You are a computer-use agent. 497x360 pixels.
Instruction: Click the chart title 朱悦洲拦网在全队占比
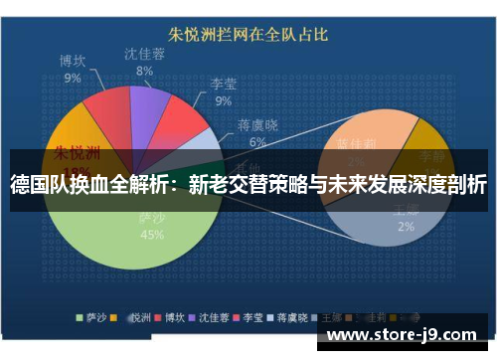tap(248, 36)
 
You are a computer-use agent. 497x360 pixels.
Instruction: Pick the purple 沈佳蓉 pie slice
tap(149, 107)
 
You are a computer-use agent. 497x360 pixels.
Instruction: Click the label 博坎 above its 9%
tap(73, 61)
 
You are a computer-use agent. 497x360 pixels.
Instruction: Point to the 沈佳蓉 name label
tap(145, 54)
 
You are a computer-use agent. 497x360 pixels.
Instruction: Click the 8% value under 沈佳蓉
tap(145, 71)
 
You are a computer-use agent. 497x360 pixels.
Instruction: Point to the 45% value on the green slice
tap(152, 236)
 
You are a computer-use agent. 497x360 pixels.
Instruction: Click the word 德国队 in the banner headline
tap(37, 184)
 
